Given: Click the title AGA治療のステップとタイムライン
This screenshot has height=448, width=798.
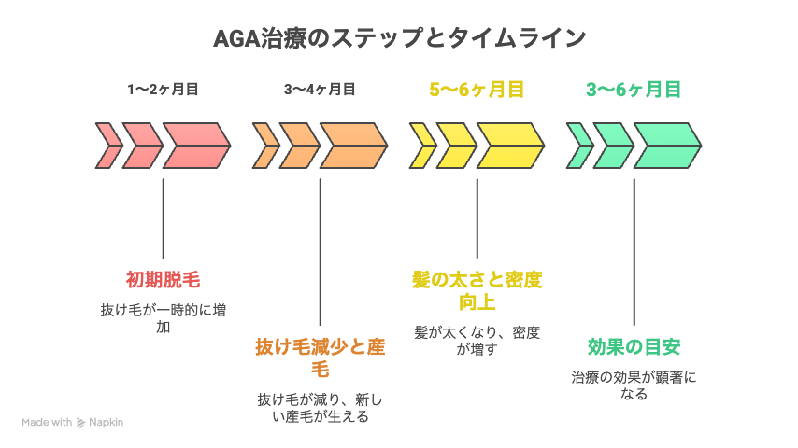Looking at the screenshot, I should tap(399, 39).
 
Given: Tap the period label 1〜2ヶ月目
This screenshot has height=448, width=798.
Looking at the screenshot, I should tap(164, 90).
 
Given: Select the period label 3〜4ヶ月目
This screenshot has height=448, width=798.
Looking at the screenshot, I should tap(321, 90).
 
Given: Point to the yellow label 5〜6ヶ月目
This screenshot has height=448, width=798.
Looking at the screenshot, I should tap(477, 90).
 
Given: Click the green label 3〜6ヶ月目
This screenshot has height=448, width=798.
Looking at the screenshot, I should tap(634, 90).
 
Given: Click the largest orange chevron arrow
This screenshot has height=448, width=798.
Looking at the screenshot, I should tap(353, 146).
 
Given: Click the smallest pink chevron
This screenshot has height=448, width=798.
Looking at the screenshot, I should tap(108, 146).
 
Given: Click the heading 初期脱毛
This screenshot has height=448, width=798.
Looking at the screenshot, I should tap(164, 279).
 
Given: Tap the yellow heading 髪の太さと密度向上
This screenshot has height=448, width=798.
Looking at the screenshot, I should tap(477, 290).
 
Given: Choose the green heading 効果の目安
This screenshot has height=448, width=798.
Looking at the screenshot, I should tap(634, 347).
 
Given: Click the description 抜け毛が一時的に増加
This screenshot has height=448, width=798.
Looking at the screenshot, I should tap(164, 317).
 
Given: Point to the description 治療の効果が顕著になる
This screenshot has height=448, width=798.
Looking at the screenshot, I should tap(634, 385).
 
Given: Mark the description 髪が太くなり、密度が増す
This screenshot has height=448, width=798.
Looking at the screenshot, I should tap(477, 340).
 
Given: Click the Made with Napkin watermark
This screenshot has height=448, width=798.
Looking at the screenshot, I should tap(73, 422).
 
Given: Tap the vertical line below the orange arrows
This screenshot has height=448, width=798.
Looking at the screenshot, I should tap(321, 252).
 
